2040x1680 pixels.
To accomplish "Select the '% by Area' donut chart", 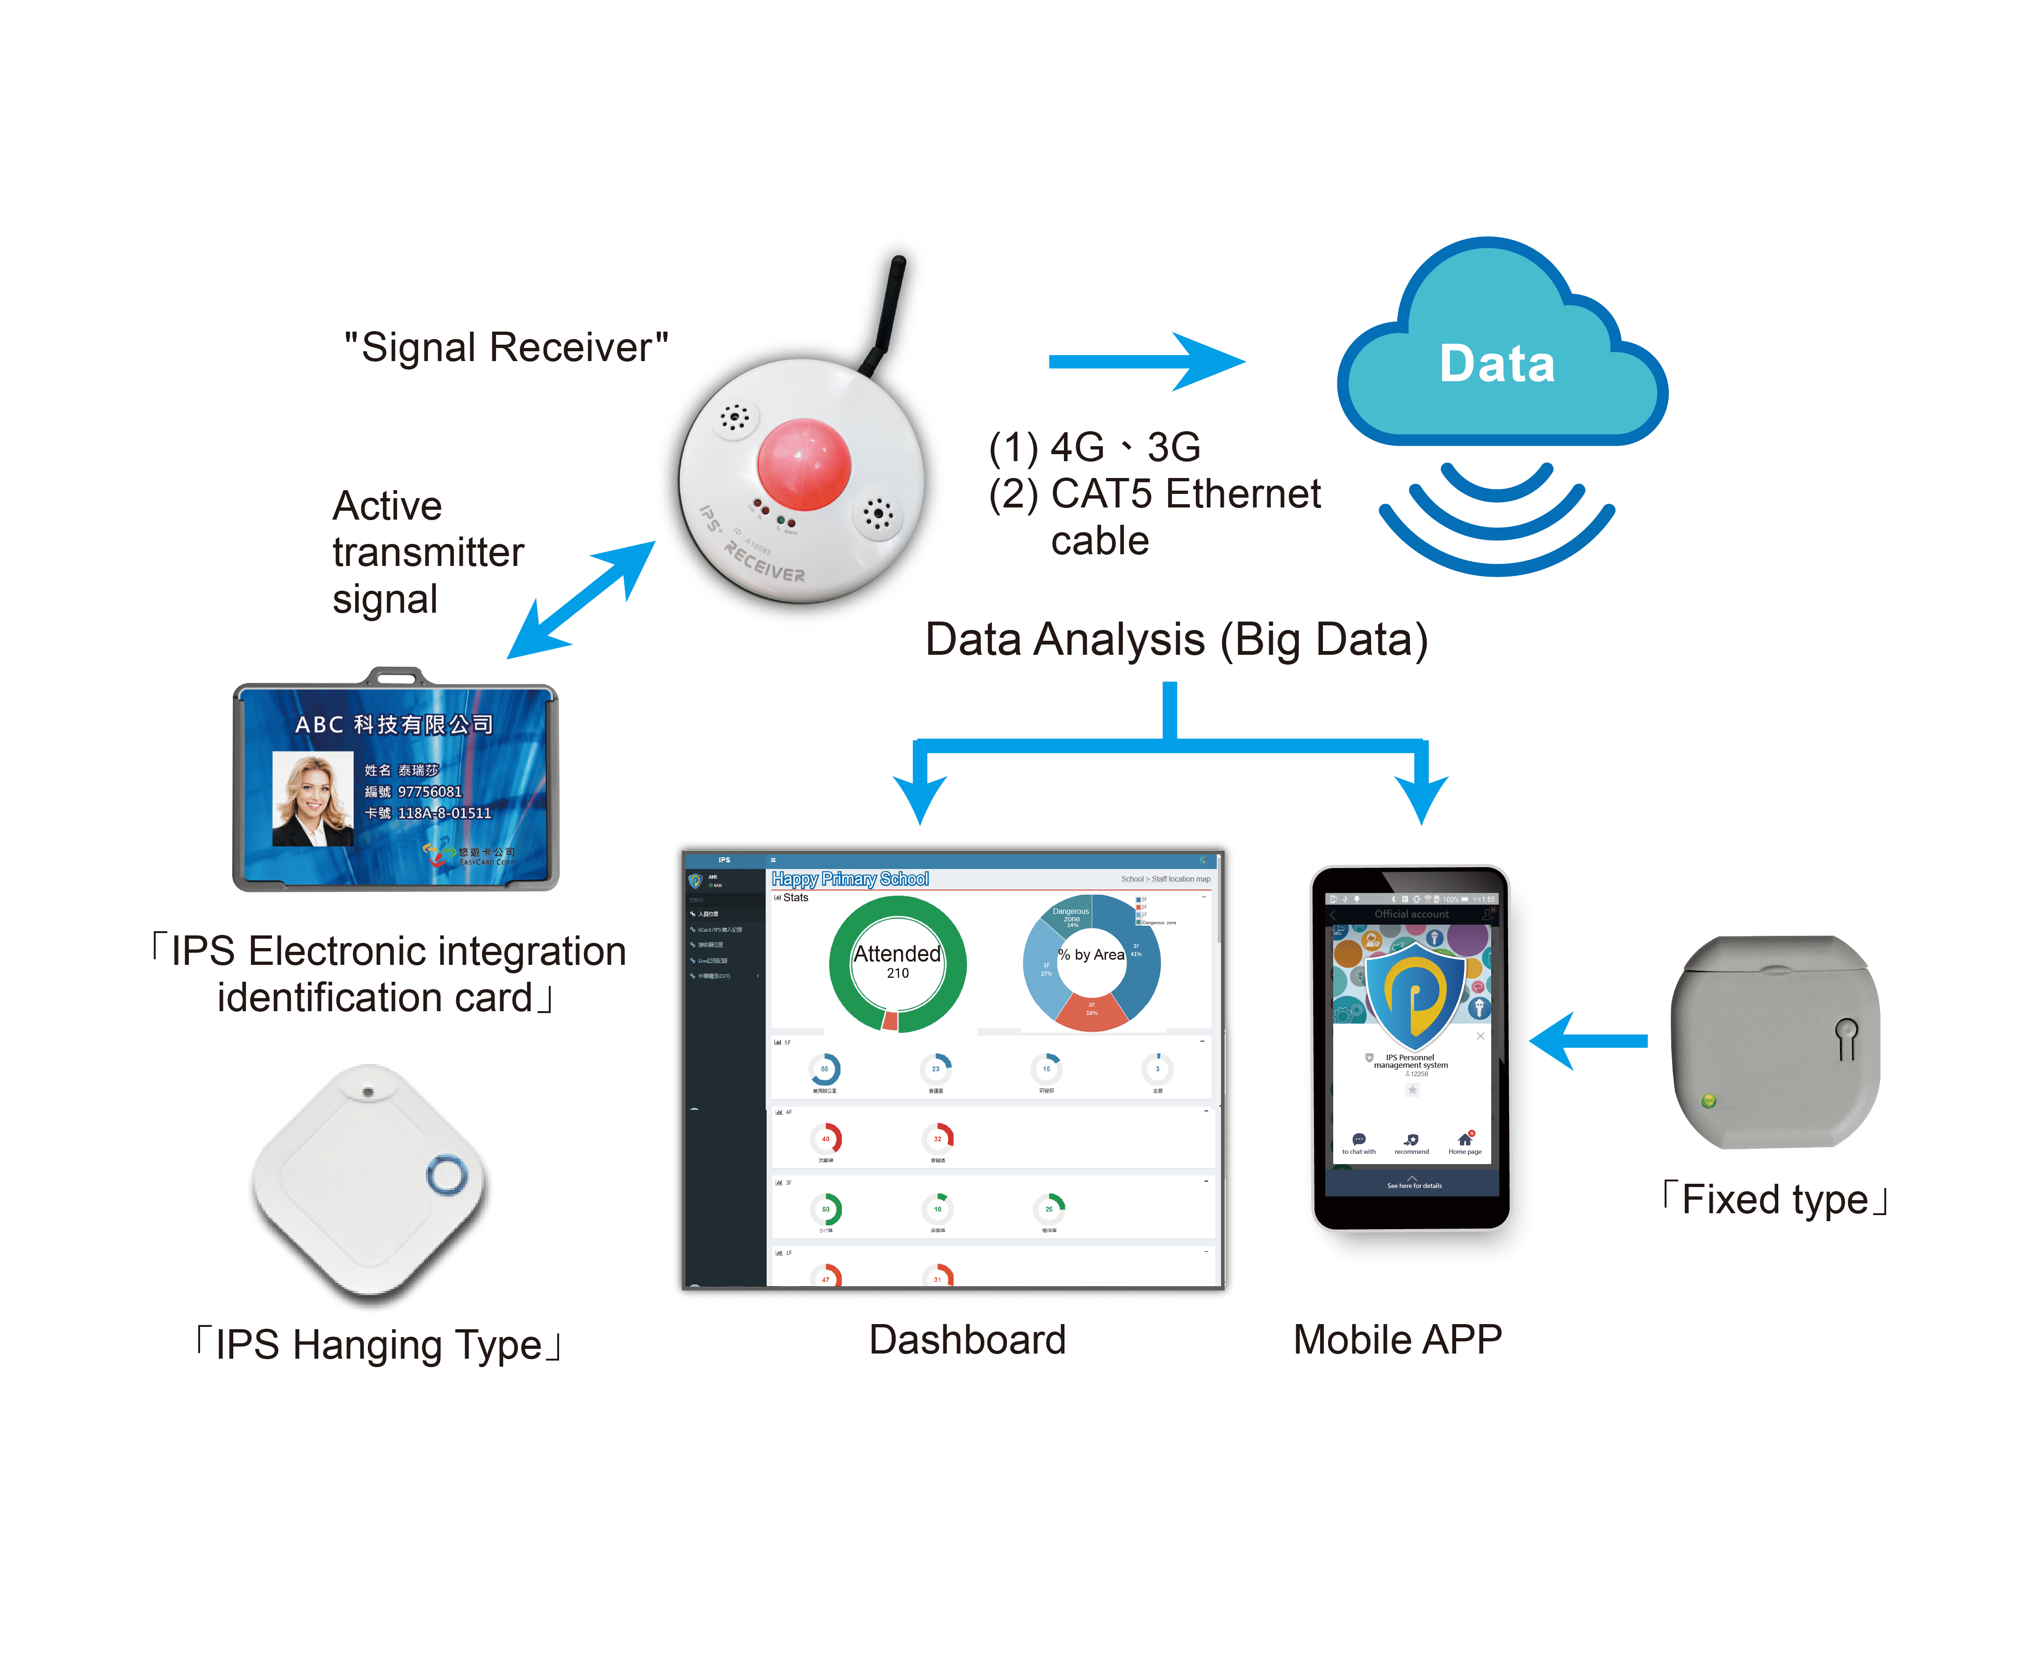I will pos(1091,962).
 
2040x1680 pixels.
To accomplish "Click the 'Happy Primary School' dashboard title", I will pos(849,879).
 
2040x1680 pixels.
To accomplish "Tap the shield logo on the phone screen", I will pos(1412,992).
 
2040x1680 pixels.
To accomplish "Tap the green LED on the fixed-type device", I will pos(1708,1101).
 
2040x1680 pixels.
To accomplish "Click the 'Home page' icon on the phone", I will pos(1465,1142).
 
